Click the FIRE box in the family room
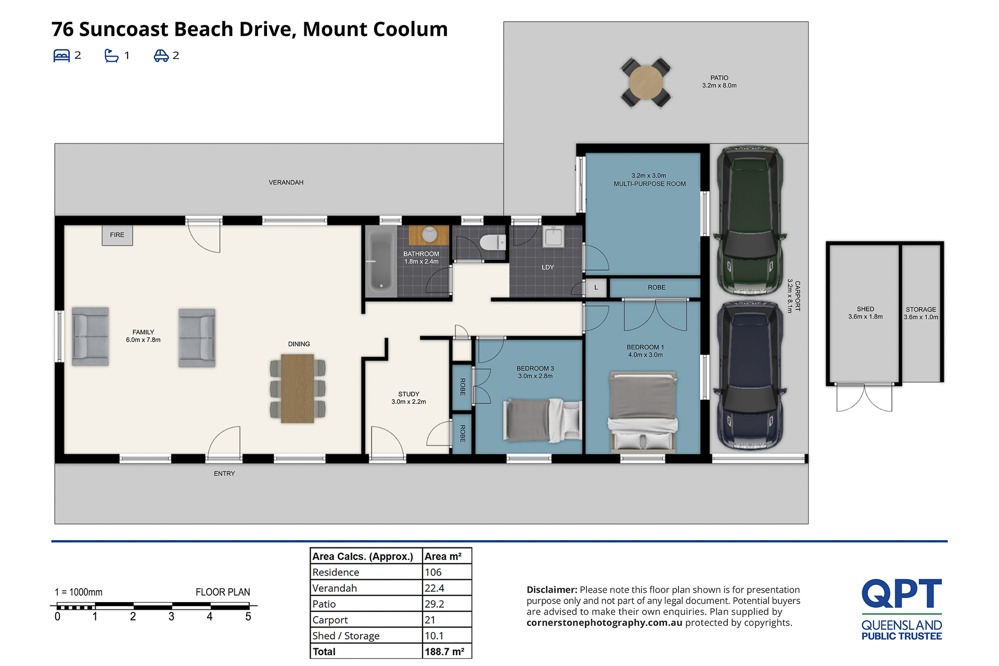(117, 235)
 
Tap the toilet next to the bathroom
(492, 242)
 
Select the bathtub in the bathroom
(381, 261)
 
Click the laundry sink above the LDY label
(553, 237)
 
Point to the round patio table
(646, 82)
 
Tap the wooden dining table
(298, 388)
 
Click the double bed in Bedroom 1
(643, 411)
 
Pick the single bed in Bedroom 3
(542, 420)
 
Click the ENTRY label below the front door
(224, 474)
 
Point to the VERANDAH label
(286, 182)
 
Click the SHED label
(865, 309)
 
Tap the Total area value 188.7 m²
(444, 651)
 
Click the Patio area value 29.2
(434, 604)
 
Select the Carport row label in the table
(330, 620)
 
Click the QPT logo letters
(902, 593)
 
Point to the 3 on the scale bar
(171, 617)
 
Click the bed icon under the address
(61, 56)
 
